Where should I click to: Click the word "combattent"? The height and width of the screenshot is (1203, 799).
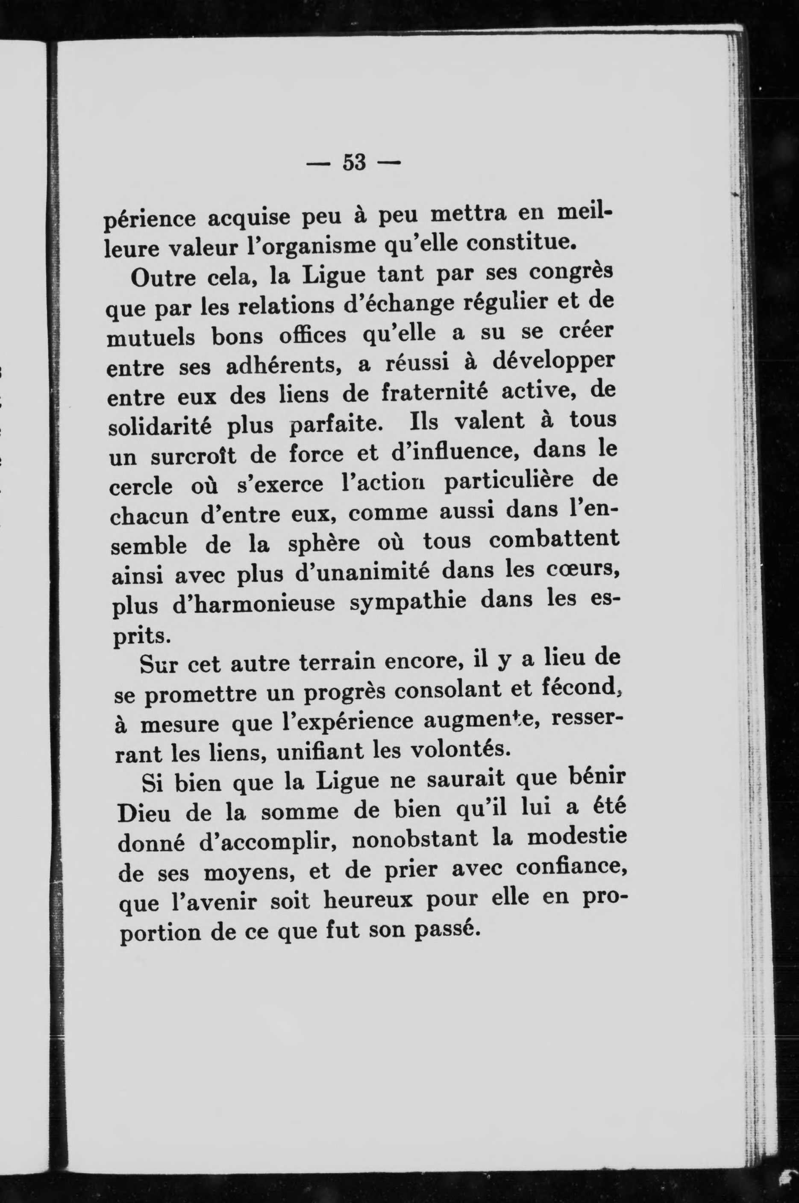[554, 540]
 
